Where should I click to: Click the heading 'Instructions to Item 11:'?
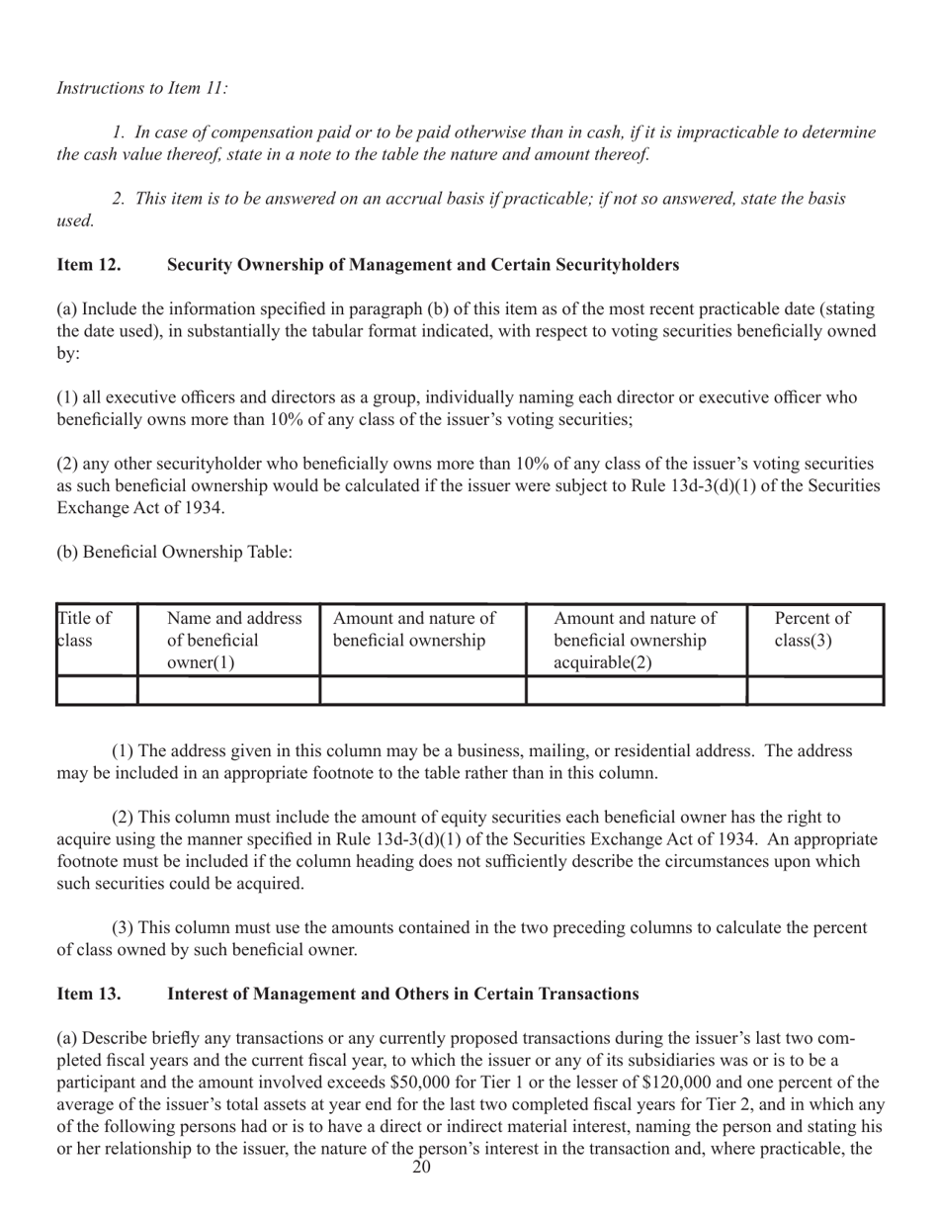[142, 88]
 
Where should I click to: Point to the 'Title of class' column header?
[85, 630]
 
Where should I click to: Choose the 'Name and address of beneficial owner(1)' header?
[234, 641]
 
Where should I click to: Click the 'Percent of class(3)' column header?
[813, 630]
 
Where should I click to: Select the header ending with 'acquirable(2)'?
[635, 641]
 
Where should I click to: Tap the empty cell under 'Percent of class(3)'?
[813, 689]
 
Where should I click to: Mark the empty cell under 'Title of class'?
[97, 689]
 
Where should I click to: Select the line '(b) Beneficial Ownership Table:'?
[175, 552]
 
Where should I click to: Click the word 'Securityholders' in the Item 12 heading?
[613, 264]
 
